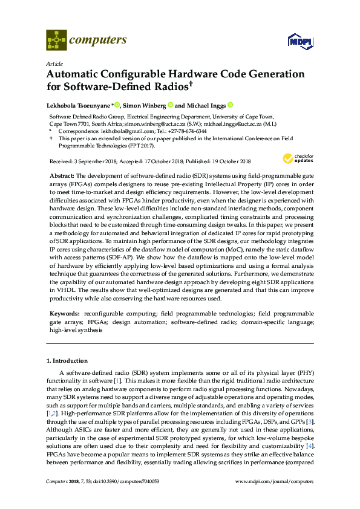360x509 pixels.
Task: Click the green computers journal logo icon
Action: coord(56,41)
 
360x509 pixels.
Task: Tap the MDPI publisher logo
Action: coord(299,42)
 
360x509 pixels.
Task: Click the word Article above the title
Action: coord(54,62)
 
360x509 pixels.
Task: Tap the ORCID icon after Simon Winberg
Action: coord(171,105)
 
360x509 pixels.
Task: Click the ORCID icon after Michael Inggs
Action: coord(230,105)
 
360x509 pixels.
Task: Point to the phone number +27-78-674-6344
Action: coord(185,131)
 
